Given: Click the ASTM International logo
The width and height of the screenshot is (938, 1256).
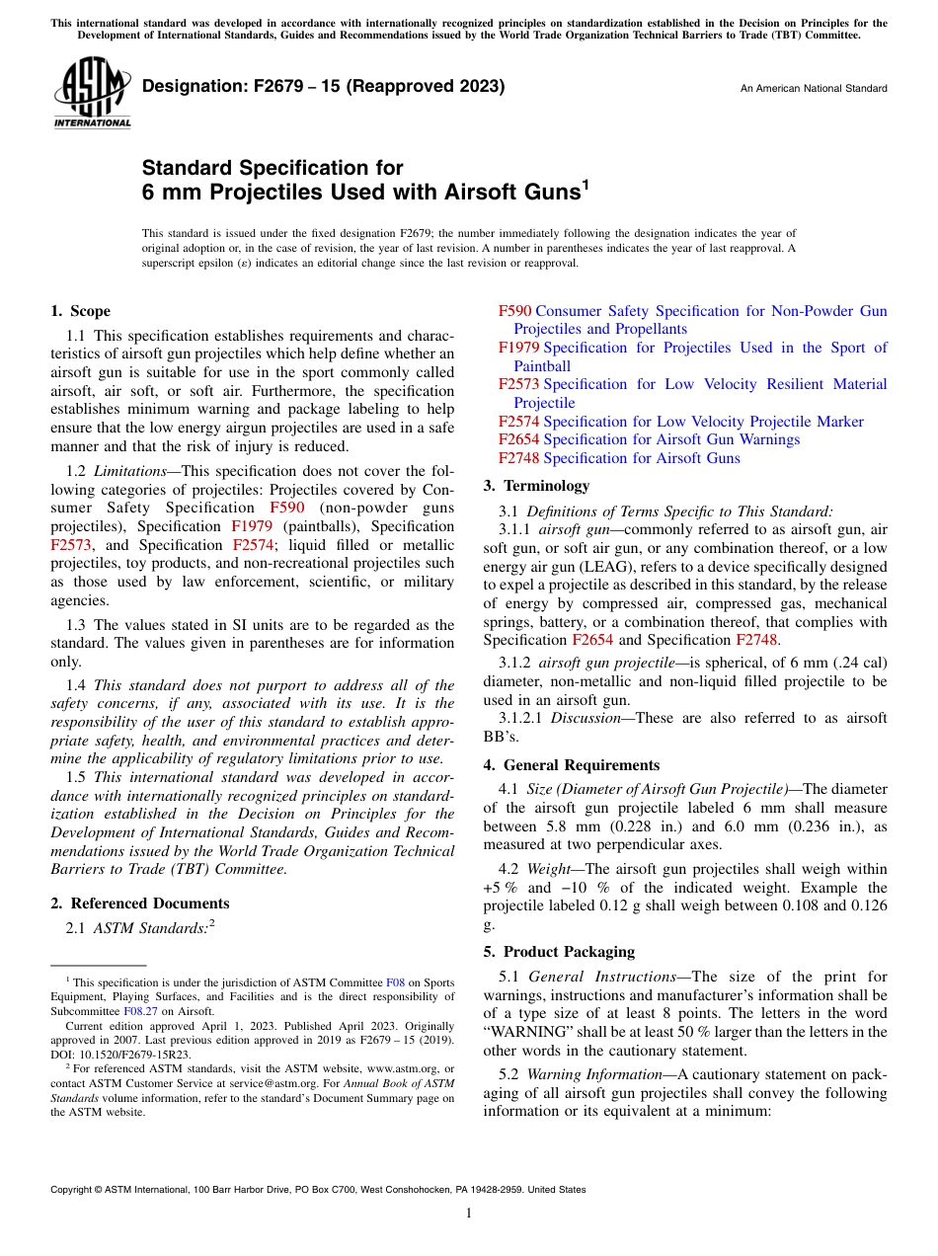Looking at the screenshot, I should click(x=91, y=93).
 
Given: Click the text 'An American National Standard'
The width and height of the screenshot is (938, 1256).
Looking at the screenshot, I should click(x=814, y=89).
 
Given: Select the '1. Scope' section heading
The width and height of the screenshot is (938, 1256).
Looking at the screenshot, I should click(x=81, y=311).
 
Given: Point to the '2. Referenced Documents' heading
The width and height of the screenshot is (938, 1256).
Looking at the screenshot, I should click(x=140, y=903).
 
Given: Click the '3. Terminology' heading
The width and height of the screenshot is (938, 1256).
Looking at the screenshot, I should click(x=536, y=486).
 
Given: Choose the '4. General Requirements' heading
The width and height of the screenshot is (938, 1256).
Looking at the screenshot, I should click(x=572, y=765).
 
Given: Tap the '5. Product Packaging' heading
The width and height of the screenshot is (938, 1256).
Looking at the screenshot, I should click(x=559, y=952).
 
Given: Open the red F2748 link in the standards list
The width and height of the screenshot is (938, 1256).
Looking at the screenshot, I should click(x=518, y=458).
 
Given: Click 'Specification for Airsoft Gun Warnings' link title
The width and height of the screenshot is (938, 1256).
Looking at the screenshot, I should click(x=671, y=439).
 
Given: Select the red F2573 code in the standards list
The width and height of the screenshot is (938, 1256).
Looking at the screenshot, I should click(x=518, y=384).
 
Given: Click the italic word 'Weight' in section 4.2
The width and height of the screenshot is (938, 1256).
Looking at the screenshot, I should click(x=549, y=869).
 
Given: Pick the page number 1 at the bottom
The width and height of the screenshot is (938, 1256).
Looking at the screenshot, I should click(x=469, y=1214).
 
